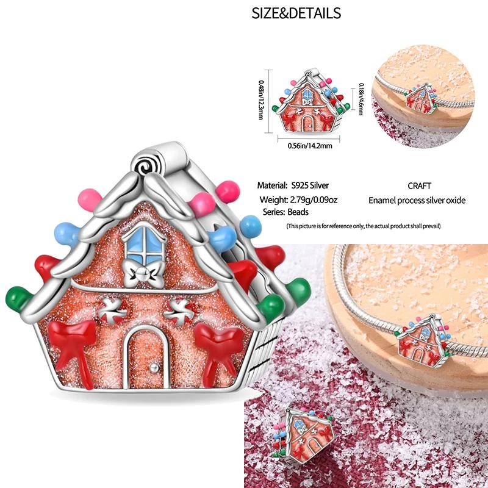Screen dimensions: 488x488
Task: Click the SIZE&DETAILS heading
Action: tap(296, 13)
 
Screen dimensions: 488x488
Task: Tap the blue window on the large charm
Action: tap(145, 244)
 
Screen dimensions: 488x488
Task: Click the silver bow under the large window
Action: tap(143, 274)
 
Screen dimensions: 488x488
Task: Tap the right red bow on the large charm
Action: tap(220, 352)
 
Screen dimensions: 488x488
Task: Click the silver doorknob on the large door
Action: tap(154, 368)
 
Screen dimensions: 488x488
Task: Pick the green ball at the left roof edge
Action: tap(18, 298)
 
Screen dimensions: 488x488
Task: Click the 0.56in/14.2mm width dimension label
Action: tap(310, 146)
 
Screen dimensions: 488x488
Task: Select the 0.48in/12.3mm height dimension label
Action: tap(261, 99)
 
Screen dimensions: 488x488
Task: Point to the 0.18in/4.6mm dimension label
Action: tap(361, 99)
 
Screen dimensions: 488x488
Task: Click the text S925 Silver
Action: tap(310, 185)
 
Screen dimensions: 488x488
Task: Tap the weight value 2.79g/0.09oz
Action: tap(314, 199)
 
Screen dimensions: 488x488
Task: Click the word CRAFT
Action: tap(419, 186)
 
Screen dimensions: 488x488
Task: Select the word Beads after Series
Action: tap(298, 212)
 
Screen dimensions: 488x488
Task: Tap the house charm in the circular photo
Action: tap(420, 98)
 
